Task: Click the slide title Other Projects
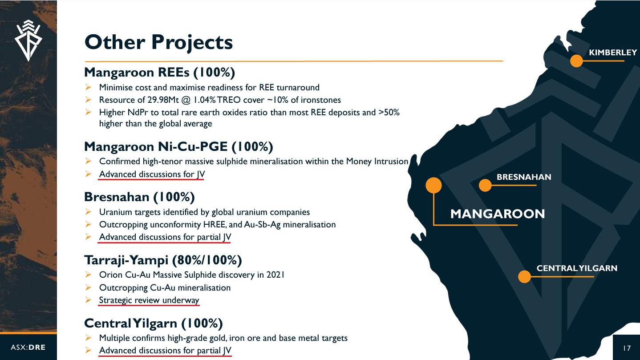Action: click(x=158, y=43)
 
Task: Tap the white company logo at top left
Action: click(x=28, y=40)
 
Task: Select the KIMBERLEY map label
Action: click(x=613, y=53)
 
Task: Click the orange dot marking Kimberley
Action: click(x=576, y=61)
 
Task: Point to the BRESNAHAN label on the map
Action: click(x=524, y=177)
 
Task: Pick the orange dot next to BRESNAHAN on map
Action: click(x=485, y=186)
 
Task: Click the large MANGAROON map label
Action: click(x=498, y=214)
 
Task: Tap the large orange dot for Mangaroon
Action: click(x=433, y=186)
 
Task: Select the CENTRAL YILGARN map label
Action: click(x=577, y=268)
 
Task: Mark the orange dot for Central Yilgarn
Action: click(x=524, y=277)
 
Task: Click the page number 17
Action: click(x=627, y=348)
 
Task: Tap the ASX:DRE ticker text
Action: click(x=28, y=348)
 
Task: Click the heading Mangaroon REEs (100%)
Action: click(x=159, y=73)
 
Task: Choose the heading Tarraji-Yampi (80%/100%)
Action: click(x=163, y=260)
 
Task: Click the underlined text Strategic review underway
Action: click(x=149, y=300)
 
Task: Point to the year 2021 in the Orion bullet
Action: click(x=275, y=275)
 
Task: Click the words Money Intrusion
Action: click(x=377, y=162)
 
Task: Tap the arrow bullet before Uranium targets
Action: click(x=88, y=212)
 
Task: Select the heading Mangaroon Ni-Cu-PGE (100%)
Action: click(x=178, y=147)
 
